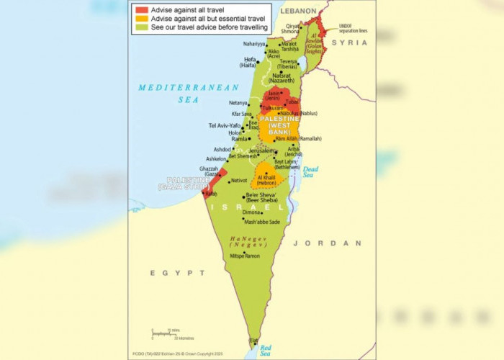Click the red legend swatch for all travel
point(140,9)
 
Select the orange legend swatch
point(140,18)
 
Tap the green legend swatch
point(140,27)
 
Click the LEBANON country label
point(298,12)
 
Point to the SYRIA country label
point(348,43)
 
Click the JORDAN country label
point(337,243)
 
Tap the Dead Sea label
point(309,171)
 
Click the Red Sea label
point(265,350)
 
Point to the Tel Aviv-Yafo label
point(224,125)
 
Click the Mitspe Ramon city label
point(245,256)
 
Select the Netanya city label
point(238,103)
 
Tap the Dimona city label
point(251,212)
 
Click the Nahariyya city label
point(254,44)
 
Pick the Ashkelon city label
point(216,158)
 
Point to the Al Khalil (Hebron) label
point(266,180)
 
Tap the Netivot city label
point(238,180)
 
